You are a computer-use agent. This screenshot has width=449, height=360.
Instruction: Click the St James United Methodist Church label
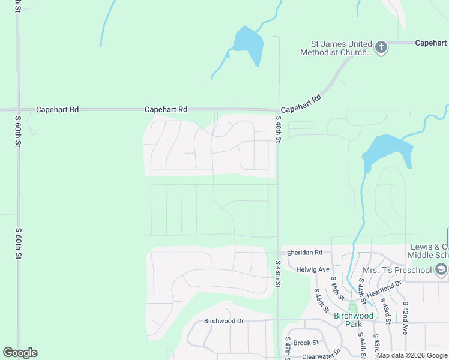point(339,48)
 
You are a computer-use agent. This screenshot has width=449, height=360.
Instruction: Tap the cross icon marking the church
point(381,47)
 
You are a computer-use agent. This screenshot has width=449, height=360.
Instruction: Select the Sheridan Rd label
point(304,253)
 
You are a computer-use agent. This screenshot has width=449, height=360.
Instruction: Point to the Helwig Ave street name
point(313,269)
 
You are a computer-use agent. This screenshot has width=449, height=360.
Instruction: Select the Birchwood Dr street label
point(223,321)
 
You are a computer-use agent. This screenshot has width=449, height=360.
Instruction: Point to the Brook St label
point(306,343)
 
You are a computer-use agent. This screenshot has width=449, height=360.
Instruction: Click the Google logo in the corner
point(20,353)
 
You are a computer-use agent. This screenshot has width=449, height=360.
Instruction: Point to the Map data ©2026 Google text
point(412,355)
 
